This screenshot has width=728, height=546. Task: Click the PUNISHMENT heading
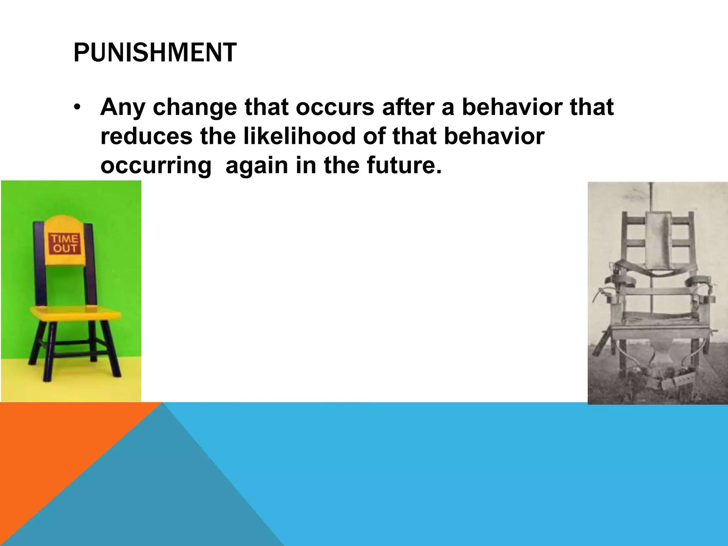pyautogui.click(x=155, y=53)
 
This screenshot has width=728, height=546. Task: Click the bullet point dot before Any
pyautogui.click(x=77, y=107)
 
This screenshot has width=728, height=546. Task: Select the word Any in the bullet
pyautogui.click(x=122, y=107)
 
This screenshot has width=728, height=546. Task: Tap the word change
pyautogui.click(x=195, y=107)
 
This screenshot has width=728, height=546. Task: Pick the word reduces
pyautogui.click(x=146, y=136)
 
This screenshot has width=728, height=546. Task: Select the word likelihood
pyautogui.click(x=299, y=136)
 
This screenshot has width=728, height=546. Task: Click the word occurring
pyautogui.click(x=156, y=166)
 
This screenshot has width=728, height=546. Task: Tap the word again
pyautogui.click(x=257, y=166)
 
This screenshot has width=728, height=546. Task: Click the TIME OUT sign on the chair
pyautogui.click(x=64, y=243)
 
